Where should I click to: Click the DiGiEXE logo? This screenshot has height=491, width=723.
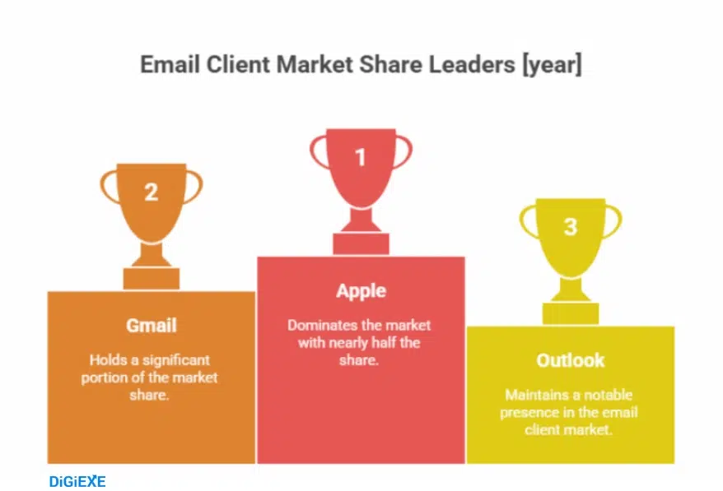[77, 481]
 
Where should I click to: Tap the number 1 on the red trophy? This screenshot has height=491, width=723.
[360, 155]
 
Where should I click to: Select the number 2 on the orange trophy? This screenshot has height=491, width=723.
[151, 192]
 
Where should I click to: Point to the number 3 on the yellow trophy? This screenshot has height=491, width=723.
[570, 226]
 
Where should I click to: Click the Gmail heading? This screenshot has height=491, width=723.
[151, 325]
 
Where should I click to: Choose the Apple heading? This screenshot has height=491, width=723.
[361, 290]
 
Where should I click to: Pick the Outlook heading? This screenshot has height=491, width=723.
[570, 360]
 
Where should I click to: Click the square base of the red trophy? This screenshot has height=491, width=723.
[361, 244]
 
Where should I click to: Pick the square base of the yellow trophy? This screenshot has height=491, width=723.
[570, 313]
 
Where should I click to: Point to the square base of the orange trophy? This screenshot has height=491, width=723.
[151, 279]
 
